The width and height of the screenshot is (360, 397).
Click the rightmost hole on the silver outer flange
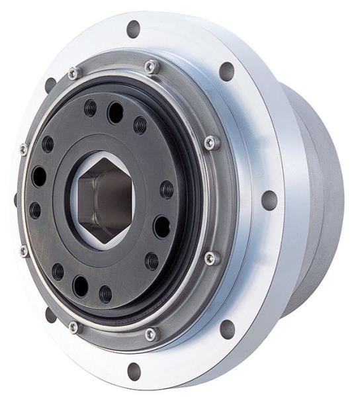(x=269, y=199)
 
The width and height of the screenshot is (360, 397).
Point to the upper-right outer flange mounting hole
(x=227, y=71)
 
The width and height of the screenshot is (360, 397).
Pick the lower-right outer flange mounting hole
(x=227, y=328)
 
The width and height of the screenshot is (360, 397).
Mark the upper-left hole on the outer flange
(x=50, y=85)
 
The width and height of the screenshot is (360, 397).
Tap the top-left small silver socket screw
(x=73, y=73)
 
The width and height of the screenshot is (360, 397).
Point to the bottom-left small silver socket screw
(x=73, y=326)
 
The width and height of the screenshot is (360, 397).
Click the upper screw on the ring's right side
(x=210, y=142)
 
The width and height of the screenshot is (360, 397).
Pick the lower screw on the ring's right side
(x=211, y=257)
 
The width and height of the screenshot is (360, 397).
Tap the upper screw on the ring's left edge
(x=24, y=149)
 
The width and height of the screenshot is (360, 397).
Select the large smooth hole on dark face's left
(x=39, y=177)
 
